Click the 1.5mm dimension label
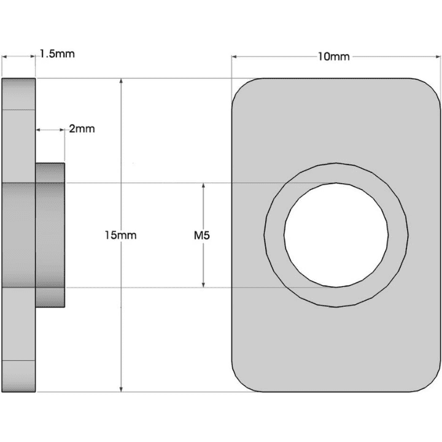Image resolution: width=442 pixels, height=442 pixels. (56, 53)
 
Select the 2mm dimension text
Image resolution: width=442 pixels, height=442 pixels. (82, 129)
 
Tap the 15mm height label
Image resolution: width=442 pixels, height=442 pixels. (120, 235)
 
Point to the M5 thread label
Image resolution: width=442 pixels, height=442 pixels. (202, 235)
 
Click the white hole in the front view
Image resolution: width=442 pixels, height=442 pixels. (336, 235)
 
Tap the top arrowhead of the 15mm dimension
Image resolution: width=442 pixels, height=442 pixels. (121, 82)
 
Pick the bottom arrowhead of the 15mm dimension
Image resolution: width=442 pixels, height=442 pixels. (121, 388)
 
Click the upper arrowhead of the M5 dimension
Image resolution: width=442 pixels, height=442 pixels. (203, 186)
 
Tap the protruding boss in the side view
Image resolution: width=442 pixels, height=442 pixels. (50, 235)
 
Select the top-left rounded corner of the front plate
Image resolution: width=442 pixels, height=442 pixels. (241, 88)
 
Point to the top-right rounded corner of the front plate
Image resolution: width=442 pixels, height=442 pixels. (432, 88)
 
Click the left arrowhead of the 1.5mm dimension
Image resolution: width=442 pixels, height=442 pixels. (4, 56)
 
